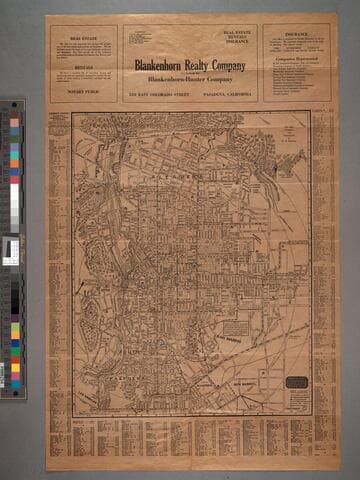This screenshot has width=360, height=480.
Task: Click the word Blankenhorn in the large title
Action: (162, 66)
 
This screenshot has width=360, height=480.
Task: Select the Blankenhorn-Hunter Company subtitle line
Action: (190, 78)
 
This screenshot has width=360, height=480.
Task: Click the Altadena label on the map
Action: (183, 173)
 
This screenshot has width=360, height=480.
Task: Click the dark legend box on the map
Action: (296, 382)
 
